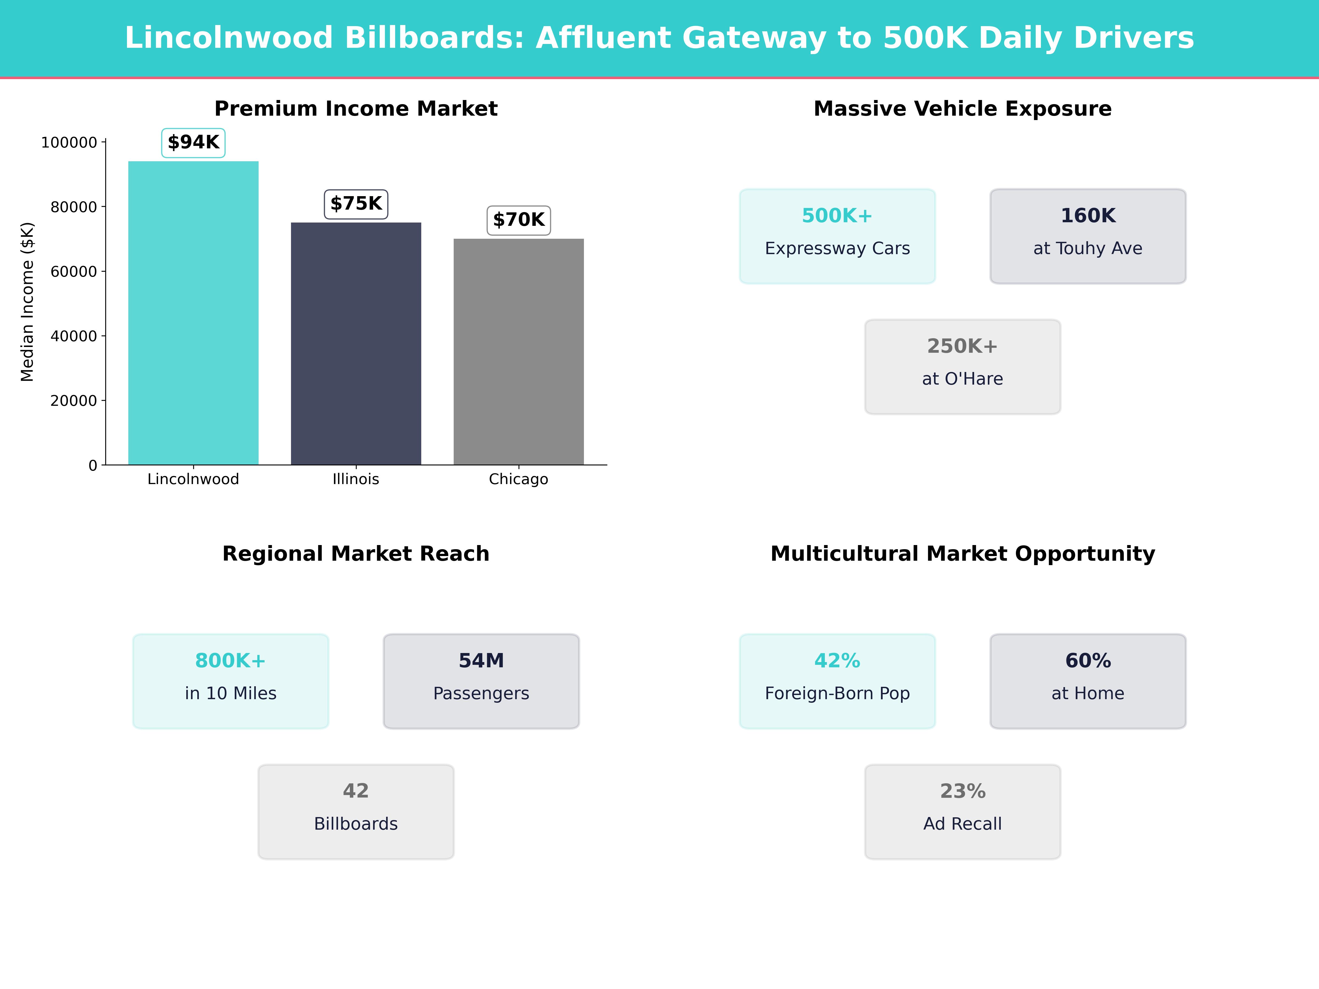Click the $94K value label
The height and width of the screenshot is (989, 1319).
193,143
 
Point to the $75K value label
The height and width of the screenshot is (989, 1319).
356,204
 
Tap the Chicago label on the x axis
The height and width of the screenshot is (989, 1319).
518,479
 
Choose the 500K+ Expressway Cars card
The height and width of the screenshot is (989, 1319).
837,236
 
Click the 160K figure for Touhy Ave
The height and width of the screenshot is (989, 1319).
1088,216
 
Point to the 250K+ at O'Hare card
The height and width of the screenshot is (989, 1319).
962,367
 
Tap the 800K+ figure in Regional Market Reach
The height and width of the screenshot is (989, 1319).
230,660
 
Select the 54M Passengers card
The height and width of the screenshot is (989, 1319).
481,681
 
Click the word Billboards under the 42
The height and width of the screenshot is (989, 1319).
356,824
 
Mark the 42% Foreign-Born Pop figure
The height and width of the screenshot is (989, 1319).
837,660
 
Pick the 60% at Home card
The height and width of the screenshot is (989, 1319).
1088,681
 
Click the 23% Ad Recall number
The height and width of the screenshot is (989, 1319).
962,791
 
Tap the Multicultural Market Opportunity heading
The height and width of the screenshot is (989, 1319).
962,554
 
